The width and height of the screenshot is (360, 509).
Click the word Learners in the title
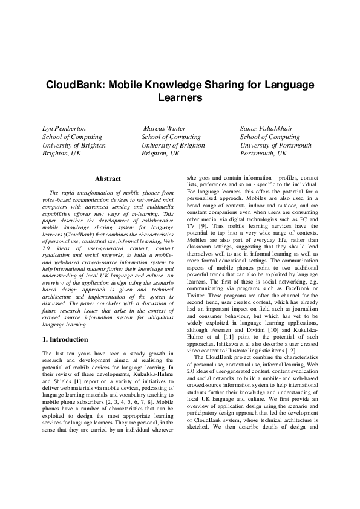click(x=180, y=97)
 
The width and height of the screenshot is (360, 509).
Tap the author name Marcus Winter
click(x=165, y=129)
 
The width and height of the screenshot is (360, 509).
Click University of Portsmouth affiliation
click(x=275, y=146)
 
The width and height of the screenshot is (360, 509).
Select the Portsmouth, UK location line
click(x=263, y=154)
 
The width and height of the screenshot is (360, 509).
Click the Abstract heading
click(x=108, y=178)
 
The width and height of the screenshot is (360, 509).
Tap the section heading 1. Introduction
click(x=68, y=340)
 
